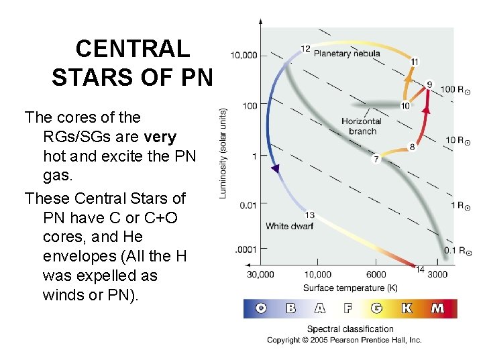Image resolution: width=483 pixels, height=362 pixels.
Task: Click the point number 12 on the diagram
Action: [305, 48]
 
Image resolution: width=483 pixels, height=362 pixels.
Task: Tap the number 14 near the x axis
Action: [420, 269]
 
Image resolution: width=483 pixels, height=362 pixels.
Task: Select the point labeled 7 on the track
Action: [376, 160]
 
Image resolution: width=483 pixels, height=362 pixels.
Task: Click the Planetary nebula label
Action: [347, 54]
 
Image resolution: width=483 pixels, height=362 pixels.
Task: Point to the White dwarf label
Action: [290, 226]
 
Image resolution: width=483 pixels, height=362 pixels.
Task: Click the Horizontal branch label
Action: [361, 126]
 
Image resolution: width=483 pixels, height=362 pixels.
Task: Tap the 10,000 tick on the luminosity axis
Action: [244, 55]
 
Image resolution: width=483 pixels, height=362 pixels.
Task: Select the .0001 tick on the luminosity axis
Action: [245, 249]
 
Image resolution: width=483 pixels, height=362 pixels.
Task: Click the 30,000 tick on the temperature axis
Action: [260, 274]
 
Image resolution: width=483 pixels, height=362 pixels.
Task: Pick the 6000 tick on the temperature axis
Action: [376, 274]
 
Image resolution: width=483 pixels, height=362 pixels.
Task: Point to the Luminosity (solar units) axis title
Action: [223, 153]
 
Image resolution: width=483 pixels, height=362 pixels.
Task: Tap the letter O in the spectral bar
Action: [261, 309]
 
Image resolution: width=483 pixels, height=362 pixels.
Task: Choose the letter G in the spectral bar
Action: [376, 309]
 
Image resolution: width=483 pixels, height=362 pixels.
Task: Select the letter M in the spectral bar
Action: [437, 309]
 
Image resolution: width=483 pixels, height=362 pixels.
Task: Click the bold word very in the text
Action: [161, 137]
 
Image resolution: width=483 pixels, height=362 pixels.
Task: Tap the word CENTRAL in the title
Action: [133, 49]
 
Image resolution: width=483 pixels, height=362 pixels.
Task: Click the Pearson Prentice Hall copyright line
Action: [344, 340]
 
